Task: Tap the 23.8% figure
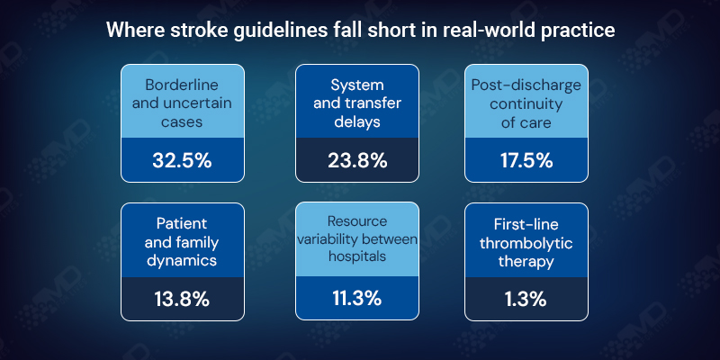tap(357, 161)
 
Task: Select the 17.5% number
tap(526, 161)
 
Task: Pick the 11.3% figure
tap(357, 300)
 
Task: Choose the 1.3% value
tap(526, 300)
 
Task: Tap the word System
tap(357, 85)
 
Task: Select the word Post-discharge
tap(526, 85)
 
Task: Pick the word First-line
tap(526, 223)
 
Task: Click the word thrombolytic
tap(526, 242)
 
